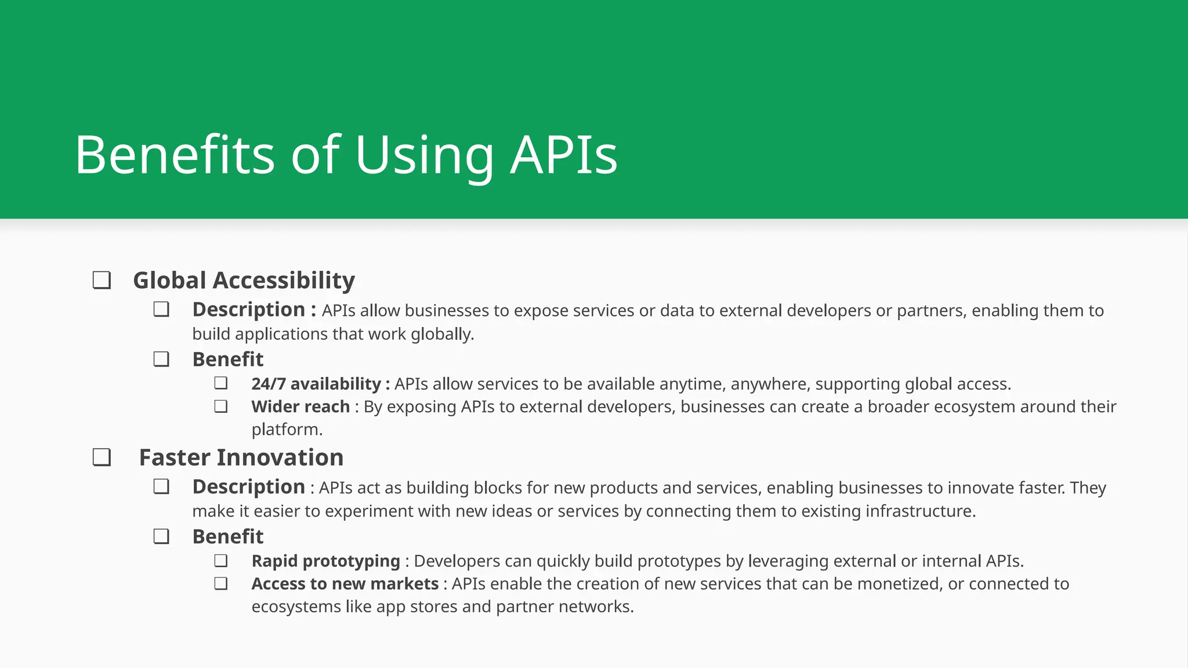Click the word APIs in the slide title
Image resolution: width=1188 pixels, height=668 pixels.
tap(564, 155)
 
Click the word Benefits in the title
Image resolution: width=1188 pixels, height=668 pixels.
tap(174, 155)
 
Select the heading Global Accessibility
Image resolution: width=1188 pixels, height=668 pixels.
tap(244, 281)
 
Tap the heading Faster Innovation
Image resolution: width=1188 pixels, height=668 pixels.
tap(241, 458)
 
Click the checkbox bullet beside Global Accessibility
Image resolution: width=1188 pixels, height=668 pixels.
tap(102, 281)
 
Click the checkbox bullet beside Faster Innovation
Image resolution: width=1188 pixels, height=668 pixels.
tap(102, 458)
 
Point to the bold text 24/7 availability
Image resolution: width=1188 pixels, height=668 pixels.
tap(316, 384)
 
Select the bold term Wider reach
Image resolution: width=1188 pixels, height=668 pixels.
tap(300, 406)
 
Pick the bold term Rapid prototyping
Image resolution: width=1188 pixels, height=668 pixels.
tap(325, 561)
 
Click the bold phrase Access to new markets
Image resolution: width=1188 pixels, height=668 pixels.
tap(345, 584)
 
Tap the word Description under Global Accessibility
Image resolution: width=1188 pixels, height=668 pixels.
tap(248, 310)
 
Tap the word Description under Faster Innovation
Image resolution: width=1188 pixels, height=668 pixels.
tap(248, 487)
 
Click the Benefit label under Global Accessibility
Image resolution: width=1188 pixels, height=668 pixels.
tap(227, 360)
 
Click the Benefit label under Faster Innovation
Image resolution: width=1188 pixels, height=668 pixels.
tap(227, 537)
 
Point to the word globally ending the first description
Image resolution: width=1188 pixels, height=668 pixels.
tap(442, 335)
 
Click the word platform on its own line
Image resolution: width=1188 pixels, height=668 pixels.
tap(286, 430)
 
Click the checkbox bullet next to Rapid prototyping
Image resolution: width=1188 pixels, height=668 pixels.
tap(220, 561)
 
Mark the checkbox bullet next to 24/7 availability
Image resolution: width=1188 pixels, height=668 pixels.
tap(220, 383)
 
